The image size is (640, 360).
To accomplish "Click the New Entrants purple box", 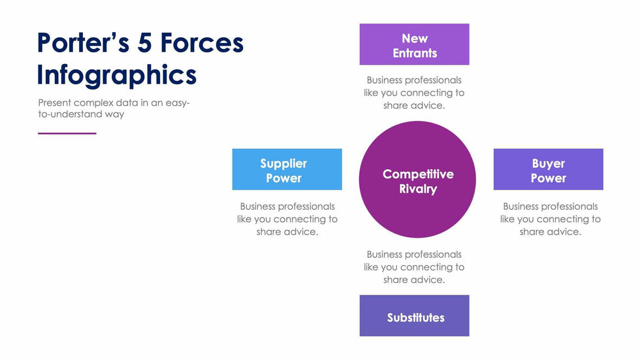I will point(414,44).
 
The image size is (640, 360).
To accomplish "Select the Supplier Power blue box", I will point(287,169).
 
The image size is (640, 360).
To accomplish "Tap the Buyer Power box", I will point(548,169).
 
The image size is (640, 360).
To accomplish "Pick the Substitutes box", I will point(414,316).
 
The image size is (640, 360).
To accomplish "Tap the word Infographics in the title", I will point(116,74).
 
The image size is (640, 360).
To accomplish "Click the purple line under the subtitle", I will point(67,133).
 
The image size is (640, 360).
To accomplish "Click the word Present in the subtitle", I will point(55,103).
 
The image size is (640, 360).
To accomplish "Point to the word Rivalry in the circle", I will point(418,189).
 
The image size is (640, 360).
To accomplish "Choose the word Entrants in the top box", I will point(415,54).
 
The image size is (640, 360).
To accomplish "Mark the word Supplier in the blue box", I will point(283,163).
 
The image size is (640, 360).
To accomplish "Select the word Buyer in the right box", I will point(549,163).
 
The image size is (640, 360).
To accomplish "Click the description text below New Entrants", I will point(414,93).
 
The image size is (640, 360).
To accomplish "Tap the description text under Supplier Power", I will point(287,219).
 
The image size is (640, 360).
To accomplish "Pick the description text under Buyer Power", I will point(550,219).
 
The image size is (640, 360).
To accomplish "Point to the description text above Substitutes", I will point(414,267).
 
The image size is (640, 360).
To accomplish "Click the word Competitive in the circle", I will point(418,174).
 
